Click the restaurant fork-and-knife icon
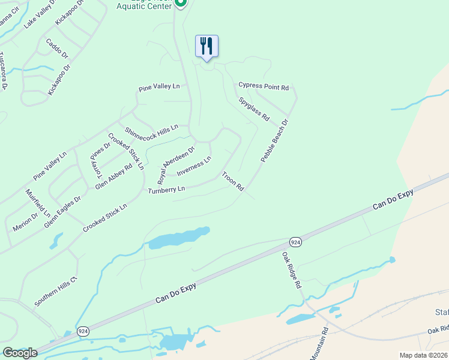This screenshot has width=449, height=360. tap(206, 46)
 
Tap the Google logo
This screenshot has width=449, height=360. tap(19, 353)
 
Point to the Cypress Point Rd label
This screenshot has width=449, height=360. tap(264, 86)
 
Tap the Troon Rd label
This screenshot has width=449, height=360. tap(233, 182)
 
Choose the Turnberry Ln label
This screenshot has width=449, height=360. tap(166, 190)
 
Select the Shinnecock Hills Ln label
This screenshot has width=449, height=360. tap(151, 131)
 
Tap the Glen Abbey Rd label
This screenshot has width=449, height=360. tap(113, 177)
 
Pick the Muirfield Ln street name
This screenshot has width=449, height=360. tap(38, 203)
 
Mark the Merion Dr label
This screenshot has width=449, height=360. tap(25, 221)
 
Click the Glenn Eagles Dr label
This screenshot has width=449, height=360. tap(62, 212)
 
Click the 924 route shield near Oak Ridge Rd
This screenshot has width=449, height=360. tap(295, 242)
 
